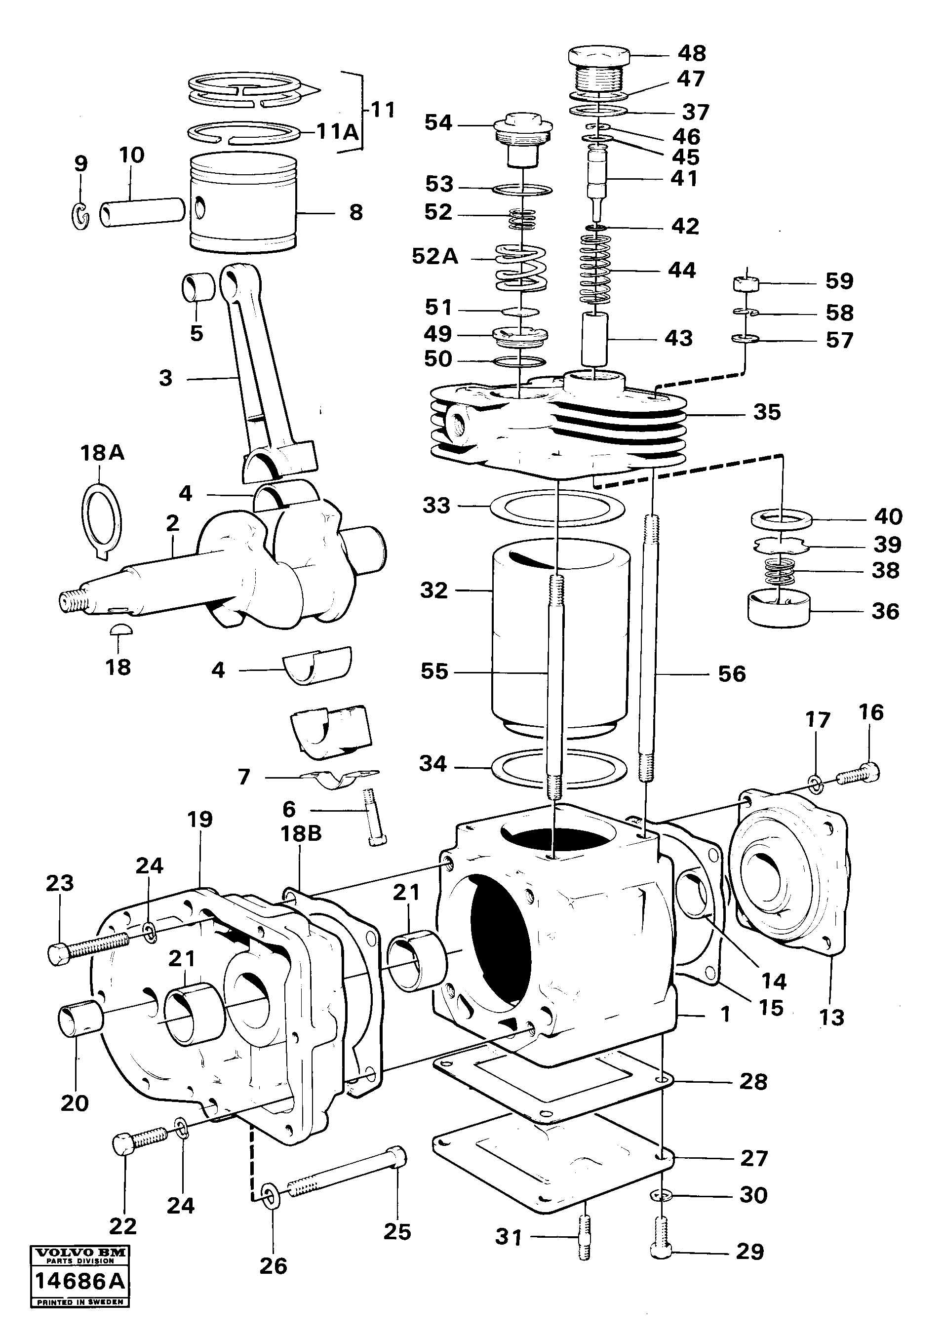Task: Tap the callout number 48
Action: pyautogui.click(x=692, y=53)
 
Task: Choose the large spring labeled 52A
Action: pyautogui.click(x=520, y=268)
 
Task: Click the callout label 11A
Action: pyautogui.click(x=338, y=132)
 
